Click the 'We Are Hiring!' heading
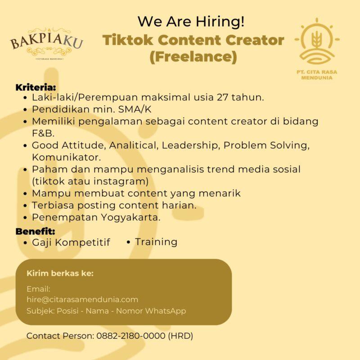point(191,21)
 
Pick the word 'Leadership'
point(191,146)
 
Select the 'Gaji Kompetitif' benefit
point(71,243)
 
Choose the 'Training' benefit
point(156,242)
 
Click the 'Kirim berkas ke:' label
point(60,273)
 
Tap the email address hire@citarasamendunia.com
point(82,299)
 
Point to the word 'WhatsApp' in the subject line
point(165,311)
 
